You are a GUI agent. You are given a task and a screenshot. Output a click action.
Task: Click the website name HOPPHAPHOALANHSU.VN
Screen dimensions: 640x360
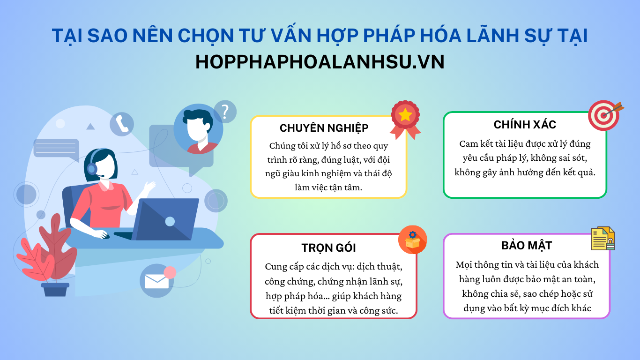320,62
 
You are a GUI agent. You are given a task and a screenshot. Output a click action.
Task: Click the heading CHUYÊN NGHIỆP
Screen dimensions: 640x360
324,128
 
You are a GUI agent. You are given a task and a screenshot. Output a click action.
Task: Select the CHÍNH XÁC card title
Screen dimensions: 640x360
525,124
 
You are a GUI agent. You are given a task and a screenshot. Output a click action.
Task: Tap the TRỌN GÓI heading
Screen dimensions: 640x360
328,248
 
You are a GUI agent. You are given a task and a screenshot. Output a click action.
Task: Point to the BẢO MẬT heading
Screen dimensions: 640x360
527,245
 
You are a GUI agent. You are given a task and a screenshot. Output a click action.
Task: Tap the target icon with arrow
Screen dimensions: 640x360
605,115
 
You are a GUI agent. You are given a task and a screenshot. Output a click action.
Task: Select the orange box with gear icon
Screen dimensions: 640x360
413,240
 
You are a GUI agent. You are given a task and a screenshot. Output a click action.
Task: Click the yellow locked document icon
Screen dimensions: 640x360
603,239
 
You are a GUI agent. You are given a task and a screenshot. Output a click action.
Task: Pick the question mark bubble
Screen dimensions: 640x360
225,112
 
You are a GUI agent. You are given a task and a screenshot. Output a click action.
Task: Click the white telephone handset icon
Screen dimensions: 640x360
122,124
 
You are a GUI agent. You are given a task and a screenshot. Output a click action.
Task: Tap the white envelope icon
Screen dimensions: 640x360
156,281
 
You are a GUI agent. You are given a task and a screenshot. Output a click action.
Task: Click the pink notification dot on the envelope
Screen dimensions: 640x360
170,272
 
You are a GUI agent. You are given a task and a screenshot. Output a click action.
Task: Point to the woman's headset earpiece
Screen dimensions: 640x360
92,169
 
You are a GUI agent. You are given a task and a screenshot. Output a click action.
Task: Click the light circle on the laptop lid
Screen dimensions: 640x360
170,221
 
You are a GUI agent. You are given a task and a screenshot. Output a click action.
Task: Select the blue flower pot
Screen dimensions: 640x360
55,289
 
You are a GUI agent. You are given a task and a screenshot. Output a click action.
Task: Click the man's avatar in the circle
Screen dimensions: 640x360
198,129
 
